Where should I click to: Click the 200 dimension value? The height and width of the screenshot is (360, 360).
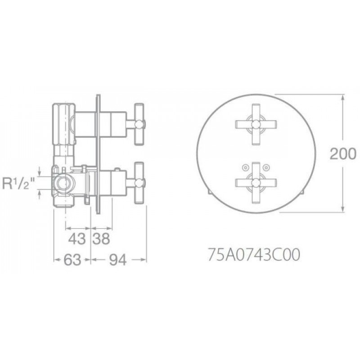tap(343, 153)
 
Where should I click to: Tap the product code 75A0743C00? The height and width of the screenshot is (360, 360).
tap(254, 255)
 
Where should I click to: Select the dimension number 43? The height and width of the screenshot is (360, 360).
tap(77, 238)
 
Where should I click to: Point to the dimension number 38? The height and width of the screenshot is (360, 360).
tap(101, 238)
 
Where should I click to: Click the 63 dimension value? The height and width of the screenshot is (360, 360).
tap(72, 260)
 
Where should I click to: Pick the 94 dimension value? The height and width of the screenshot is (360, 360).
tap(118, 260)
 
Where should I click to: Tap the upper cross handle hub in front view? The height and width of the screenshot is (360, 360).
tap(256, 125)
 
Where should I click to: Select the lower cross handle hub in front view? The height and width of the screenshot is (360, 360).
tap(256, 183)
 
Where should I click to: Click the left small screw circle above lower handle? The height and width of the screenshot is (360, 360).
tap(245, 167)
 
